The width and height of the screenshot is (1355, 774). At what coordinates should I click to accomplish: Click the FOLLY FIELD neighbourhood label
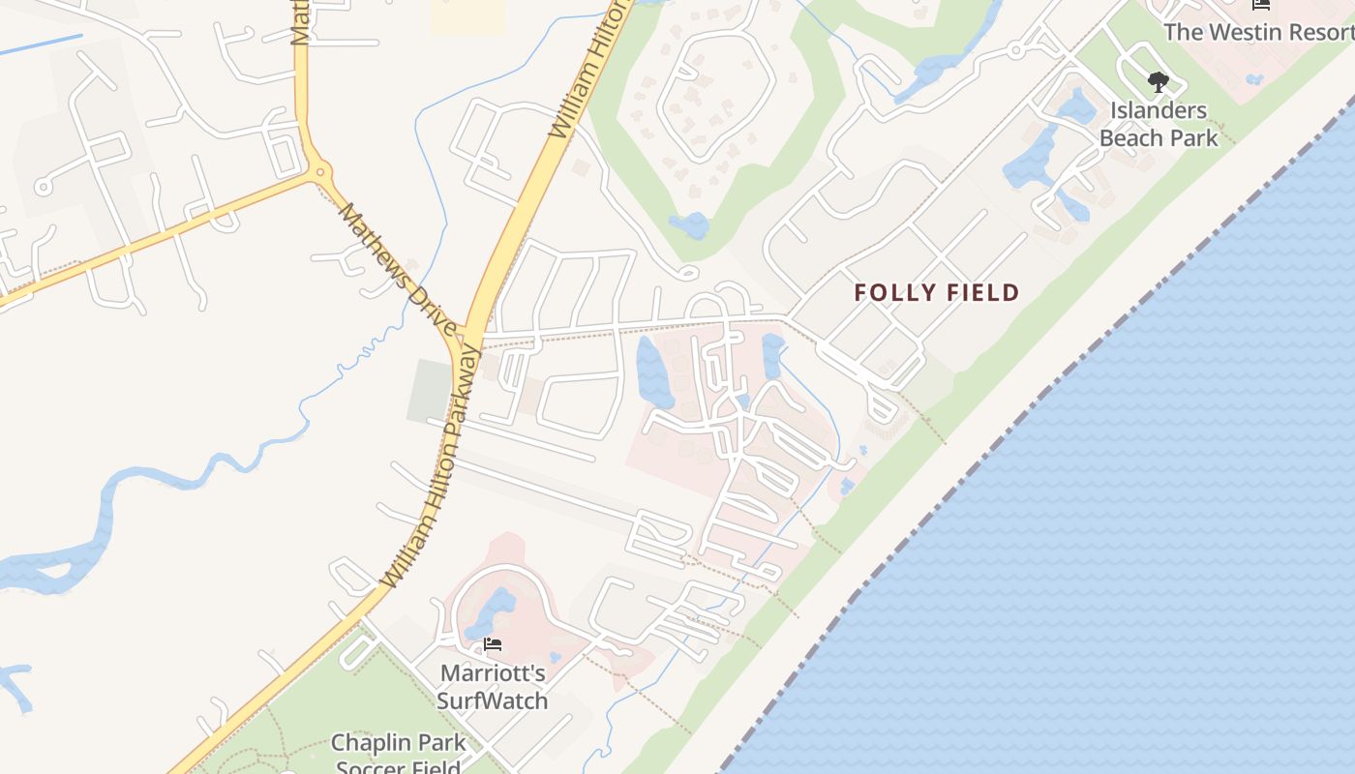pos(937,292)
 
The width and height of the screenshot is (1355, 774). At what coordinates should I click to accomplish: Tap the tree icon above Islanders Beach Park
pos(1158,81)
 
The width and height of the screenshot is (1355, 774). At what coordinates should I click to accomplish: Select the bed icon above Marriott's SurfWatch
pos(493,644)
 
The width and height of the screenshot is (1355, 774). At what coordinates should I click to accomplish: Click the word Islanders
pos(1159,110)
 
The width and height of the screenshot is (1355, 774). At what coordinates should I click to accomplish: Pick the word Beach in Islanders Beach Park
pos(1131,138)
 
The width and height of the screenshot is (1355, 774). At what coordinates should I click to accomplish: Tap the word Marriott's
pos(493,672)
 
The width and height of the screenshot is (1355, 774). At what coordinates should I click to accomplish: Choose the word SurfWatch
pos(493,700)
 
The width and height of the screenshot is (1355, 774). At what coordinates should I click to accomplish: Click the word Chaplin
pos(373,743)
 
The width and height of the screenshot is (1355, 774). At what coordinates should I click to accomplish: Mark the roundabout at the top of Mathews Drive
pos(320,174)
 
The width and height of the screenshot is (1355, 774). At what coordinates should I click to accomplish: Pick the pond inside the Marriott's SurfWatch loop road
pos(497,607)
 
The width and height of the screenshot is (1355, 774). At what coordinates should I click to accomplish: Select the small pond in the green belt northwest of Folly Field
pos(689,226)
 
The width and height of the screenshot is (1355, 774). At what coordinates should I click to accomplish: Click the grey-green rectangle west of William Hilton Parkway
pos(429,390)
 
